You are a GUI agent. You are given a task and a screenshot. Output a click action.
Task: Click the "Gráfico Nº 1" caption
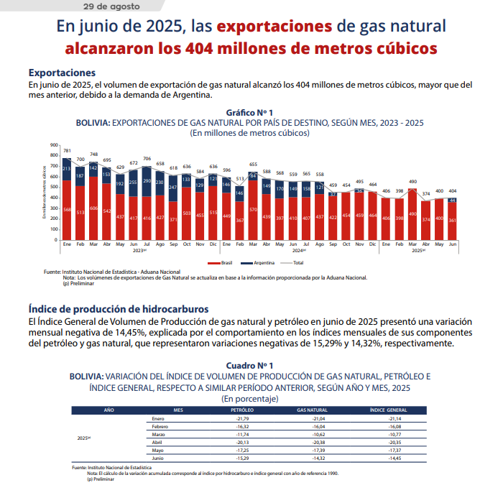coord(249,114)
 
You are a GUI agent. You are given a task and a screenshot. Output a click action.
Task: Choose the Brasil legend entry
coord(223,263)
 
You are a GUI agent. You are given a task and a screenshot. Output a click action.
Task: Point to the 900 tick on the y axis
coord(53,145)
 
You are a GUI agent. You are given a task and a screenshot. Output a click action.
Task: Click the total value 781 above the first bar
coord(67,151)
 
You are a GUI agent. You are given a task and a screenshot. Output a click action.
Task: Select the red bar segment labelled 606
coord(94,208)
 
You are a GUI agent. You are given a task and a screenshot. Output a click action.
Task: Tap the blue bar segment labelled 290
coord(148,182)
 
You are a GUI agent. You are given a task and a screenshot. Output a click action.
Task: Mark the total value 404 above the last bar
coord(453,191)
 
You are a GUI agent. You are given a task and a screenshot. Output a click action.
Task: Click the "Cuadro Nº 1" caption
coord(249,366)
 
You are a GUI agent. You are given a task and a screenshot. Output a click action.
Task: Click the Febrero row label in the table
coord(160,426)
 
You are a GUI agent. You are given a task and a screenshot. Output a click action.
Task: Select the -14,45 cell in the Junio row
coord(394,458)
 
